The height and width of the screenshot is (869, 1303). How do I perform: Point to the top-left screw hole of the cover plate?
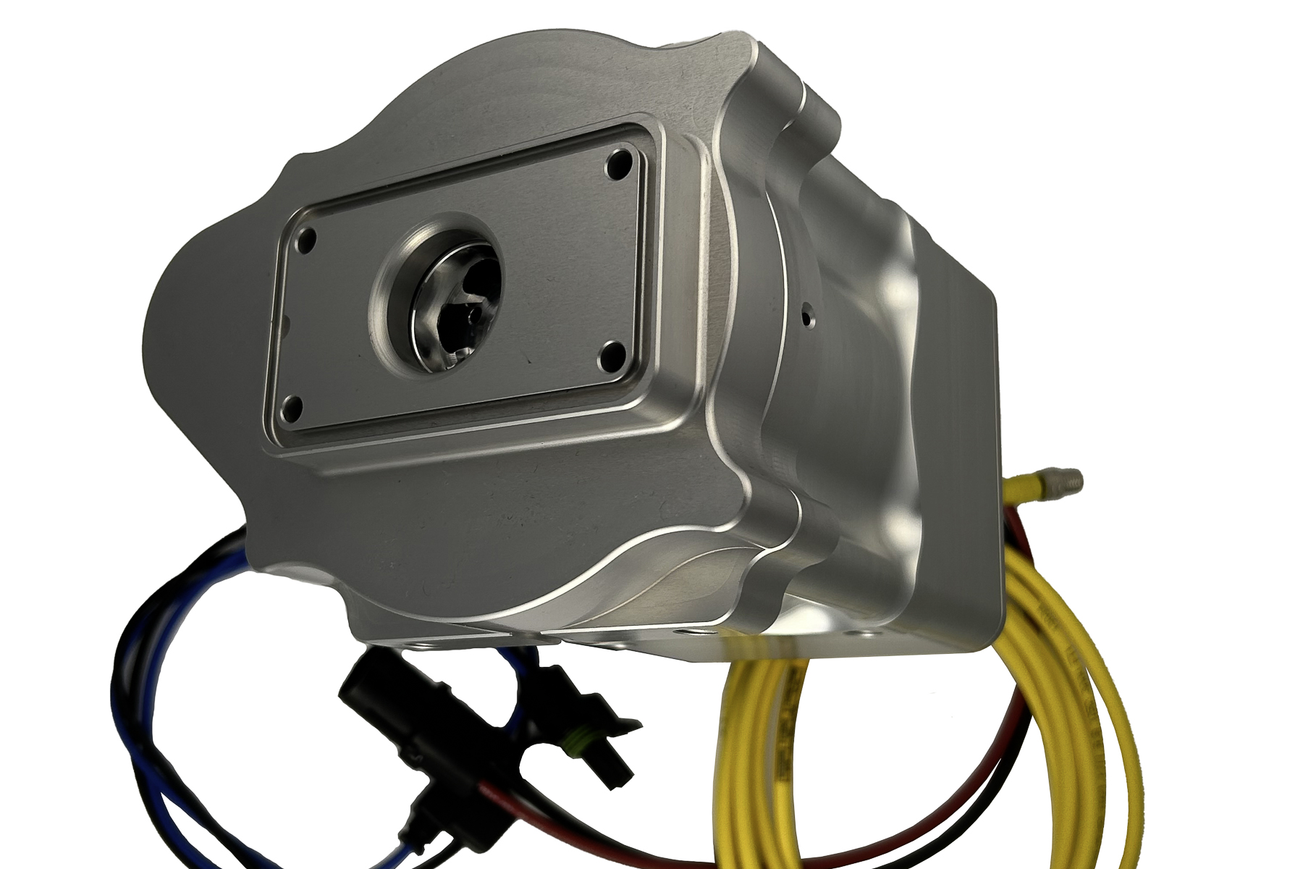point(307,236)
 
